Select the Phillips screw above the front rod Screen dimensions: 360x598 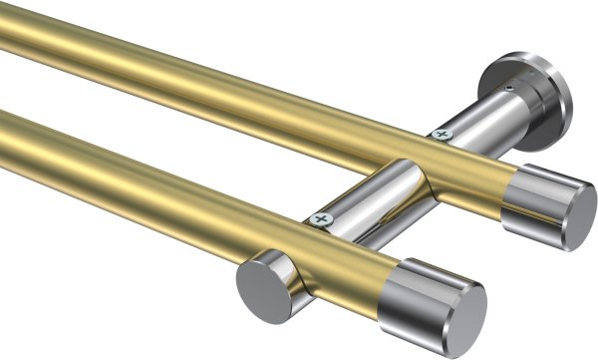tap(320, 217)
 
